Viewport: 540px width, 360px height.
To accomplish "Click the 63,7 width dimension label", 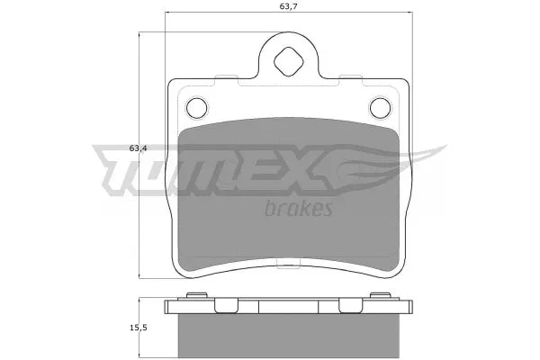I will pos(288,10).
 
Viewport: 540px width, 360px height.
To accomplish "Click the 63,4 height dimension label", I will pos(138,148).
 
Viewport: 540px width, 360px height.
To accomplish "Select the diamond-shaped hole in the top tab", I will pos(289,62).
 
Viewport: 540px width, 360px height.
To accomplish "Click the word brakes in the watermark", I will pos(301,210).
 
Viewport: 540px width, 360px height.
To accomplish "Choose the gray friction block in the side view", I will pos(288,335).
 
